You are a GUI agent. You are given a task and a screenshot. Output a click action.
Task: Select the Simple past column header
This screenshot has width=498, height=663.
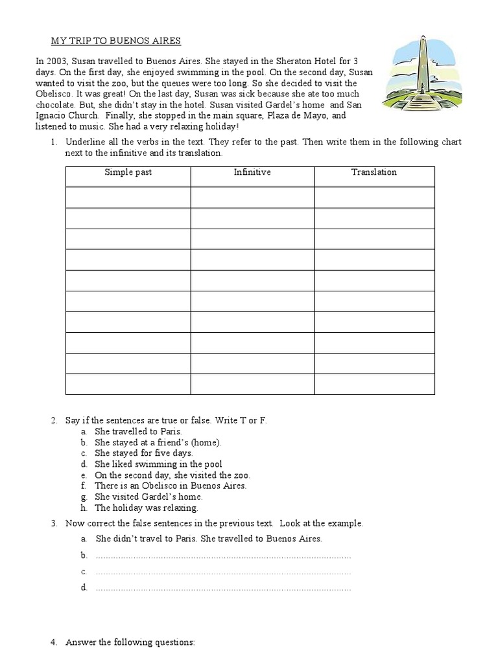coord(128,172)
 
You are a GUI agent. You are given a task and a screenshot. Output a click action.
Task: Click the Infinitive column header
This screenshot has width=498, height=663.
coord(252,172)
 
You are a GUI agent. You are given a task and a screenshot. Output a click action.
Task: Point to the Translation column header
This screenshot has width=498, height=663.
coord(374,172)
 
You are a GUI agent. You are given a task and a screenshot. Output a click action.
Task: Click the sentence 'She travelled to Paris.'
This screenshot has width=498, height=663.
coord(139,431)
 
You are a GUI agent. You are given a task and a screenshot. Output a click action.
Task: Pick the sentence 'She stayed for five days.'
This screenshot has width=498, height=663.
coord(144,453)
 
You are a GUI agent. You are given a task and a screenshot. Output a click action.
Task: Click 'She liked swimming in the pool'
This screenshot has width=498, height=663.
coord(158,464)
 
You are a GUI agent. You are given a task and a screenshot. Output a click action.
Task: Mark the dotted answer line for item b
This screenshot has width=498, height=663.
coord(223,556)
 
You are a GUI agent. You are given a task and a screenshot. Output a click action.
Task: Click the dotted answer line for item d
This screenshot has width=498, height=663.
coord(223,588)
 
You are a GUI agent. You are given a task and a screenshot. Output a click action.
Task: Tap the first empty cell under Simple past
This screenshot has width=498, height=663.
coord(128,197)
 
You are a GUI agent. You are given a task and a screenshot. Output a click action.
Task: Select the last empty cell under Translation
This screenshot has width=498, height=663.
coord(374,384)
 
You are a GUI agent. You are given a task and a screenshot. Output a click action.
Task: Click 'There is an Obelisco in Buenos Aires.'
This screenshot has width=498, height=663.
coord(171,486)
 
